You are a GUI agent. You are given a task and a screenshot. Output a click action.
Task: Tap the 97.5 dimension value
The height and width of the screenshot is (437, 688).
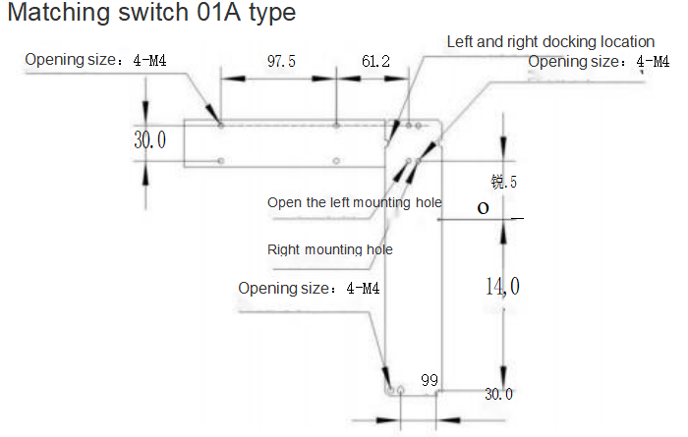coord(281,61)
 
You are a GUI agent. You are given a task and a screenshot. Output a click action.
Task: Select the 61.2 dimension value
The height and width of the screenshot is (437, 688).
coord(375,61)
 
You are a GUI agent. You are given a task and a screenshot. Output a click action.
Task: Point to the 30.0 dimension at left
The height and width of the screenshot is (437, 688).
coord(150,141)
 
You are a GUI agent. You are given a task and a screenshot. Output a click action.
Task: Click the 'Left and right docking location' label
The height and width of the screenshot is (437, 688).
coord(550,41)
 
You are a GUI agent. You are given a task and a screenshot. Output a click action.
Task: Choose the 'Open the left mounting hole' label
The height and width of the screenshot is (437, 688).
coord(355,202)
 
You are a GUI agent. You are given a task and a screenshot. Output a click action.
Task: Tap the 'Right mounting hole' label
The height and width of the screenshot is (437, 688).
coord(330,249)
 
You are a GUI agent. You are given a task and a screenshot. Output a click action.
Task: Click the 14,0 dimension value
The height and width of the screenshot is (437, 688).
coord(502,287)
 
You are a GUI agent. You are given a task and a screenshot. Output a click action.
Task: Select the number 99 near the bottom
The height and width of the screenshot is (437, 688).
coord(429,379)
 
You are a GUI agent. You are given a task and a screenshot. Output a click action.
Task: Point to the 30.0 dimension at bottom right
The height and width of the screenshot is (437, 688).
coord(498,394)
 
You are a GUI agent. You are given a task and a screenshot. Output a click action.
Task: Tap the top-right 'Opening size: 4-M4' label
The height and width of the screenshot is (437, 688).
coord(600,62)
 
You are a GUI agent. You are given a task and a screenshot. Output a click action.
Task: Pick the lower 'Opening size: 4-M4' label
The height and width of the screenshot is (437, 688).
coord(309,289)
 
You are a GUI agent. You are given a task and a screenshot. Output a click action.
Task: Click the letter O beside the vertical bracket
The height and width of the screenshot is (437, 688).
coord(483,208)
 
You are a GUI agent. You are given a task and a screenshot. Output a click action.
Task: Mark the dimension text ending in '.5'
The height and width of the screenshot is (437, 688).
coord(503,182)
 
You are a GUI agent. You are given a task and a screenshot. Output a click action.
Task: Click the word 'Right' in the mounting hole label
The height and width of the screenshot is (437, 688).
coord(285,249)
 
